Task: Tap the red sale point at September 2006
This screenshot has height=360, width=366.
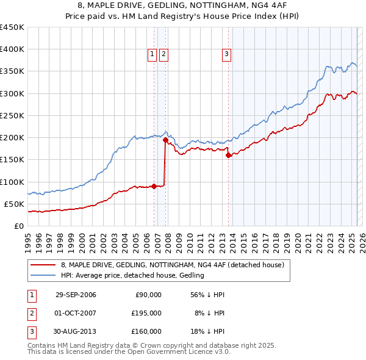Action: [154, 186]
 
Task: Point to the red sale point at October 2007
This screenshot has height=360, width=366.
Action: [165, 140]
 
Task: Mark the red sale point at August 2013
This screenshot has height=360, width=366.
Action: [229, 155]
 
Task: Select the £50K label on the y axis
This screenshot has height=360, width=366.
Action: [15, 204]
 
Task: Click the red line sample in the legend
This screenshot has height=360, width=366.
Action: [43, 265]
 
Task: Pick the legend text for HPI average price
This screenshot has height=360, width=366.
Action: [132, 276]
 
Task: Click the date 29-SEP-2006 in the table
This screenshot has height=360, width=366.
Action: [76, 295]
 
